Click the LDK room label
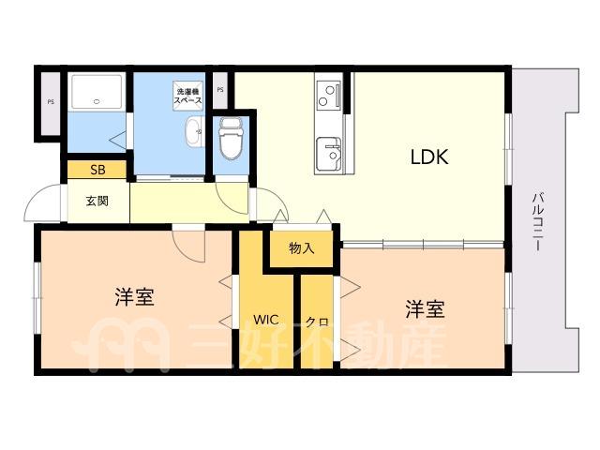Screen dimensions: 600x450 click(x=429, y=157)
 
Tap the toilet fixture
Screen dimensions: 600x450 click(x=231, y=138)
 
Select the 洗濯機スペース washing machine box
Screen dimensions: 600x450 click(x=187, y=96)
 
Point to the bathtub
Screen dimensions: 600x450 click(x=97, y=92)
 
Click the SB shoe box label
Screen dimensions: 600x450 click(x=97, y=170)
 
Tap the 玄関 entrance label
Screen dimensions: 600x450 click(x=97, y=201)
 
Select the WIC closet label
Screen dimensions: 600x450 click(x=266, y=320)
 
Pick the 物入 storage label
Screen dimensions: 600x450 click(x=302, y=248)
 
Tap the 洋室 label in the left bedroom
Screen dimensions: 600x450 click(x=135, y=297)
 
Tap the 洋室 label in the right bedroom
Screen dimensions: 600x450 click(x=425, y=309)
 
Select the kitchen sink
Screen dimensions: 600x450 click(x=329, y=154)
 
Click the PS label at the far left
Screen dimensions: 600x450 click(x=51, y=102)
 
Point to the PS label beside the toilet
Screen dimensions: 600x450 click(x=220, y=90)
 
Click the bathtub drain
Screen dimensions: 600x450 click(x=97, y=102)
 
